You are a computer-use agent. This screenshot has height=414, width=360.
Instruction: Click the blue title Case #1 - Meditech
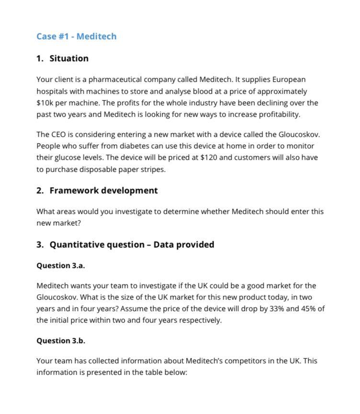[x=76, y=36]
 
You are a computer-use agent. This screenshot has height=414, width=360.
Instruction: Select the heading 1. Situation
[x=63, y=58]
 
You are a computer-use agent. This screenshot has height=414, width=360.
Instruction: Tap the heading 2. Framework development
[x=97, y=190]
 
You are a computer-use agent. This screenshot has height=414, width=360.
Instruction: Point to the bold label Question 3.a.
[x=61, y=266]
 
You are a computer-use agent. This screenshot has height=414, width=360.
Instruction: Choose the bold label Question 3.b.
[x=61, y=341]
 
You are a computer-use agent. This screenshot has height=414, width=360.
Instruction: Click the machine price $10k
[x=45, y=103]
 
